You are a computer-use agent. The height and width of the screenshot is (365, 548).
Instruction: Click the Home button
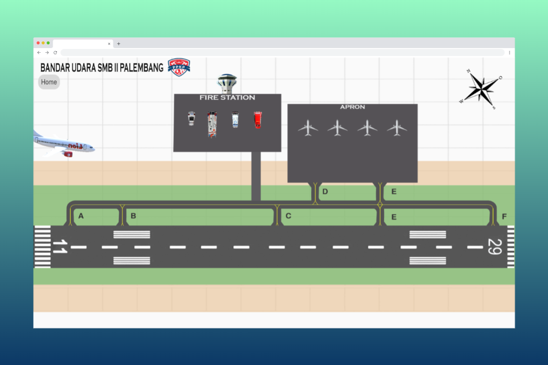[x=49, y=82]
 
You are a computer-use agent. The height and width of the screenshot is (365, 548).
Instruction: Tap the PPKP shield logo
[x=179, y=67]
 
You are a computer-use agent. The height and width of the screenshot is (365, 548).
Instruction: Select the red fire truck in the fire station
[x=257, y=120]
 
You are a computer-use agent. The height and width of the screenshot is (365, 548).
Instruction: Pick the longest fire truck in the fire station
[x=212, y=124]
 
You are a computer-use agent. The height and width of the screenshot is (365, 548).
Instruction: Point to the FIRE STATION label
[x=227, y=97]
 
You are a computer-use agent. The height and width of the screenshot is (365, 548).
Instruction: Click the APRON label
[x=352, y=107]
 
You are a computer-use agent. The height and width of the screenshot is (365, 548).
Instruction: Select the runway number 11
[x=59, y=247]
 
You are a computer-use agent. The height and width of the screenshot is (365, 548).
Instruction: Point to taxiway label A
[x=81, y=216]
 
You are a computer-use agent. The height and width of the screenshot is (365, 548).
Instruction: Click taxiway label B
[x=133, y=216]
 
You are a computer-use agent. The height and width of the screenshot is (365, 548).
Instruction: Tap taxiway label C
[x=288, y=216]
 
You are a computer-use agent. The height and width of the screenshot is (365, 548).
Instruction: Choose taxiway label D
[x=325, y=192]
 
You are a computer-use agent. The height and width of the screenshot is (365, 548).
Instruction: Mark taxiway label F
[x=504, y=217]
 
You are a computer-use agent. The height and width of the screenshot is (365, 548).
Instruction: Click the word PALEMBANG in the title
[x=141, y=68]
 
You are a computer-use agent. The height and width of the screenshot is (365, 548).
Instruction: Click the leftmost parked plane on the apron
[x=308, y=128]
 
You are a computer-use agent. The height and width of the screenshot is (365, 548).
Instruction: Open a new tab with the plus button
[x=118, y=44]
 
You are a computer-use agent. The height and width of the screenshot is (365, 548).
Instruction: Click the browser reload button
[x=55, y=53]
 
